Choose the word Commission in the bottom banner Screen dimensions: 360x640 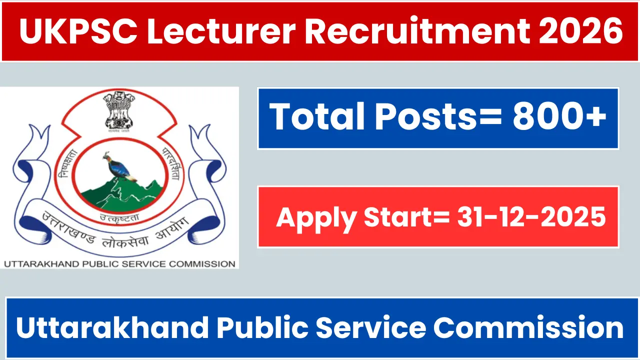click(x=528, y=327)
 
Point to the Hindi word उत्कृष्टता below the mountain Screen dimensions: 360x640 click(x=119, y=218)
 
